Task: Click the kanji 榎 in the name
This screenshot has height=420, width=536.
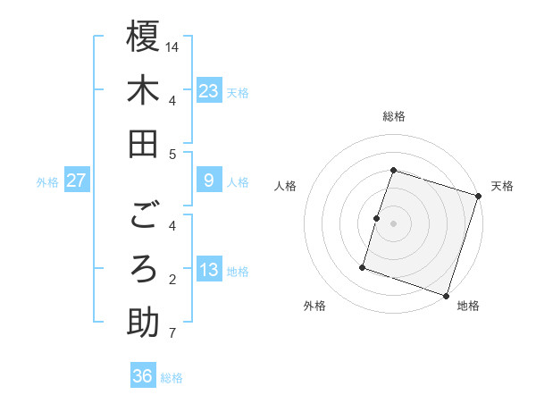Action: [143, 37]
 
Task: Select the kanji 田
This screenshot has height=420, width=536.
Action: [143, 143]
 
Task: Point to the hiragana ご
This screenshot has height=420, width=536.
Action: [143, 214]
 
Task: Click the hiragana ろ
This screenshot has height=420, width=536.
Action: [143, 268]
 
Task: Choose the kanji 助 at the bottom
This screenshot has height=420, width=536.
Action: [143, 322]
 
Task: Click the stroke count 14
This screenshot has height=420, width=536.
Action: [172, 46]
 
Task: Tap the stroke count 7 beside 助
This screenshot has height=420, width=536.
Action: [172, 334]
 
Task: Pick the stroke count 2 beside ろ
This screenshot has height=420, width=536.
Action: [172, 280]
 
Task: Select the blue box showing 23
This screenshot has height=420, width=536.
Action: [209, 90]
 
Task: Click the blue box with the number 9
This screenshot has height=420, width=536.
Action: [209, 181]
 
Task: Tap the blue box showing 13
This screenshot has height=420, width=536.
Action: [209, 270]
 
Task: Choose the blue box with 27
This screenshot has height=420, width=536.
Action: [77, 181]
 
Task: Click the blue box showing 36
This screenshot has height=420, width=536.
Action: [142, 376]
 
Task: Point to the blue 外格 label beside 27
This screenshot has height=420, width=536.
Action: [47, 182]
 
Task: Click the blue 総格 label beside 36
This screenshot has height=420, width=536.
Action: [172, 378]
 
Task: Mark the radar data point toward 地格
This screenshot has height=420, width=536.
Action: [447, 295]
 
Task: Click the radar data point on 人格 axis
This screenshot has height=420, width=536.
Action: [377, 218]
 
